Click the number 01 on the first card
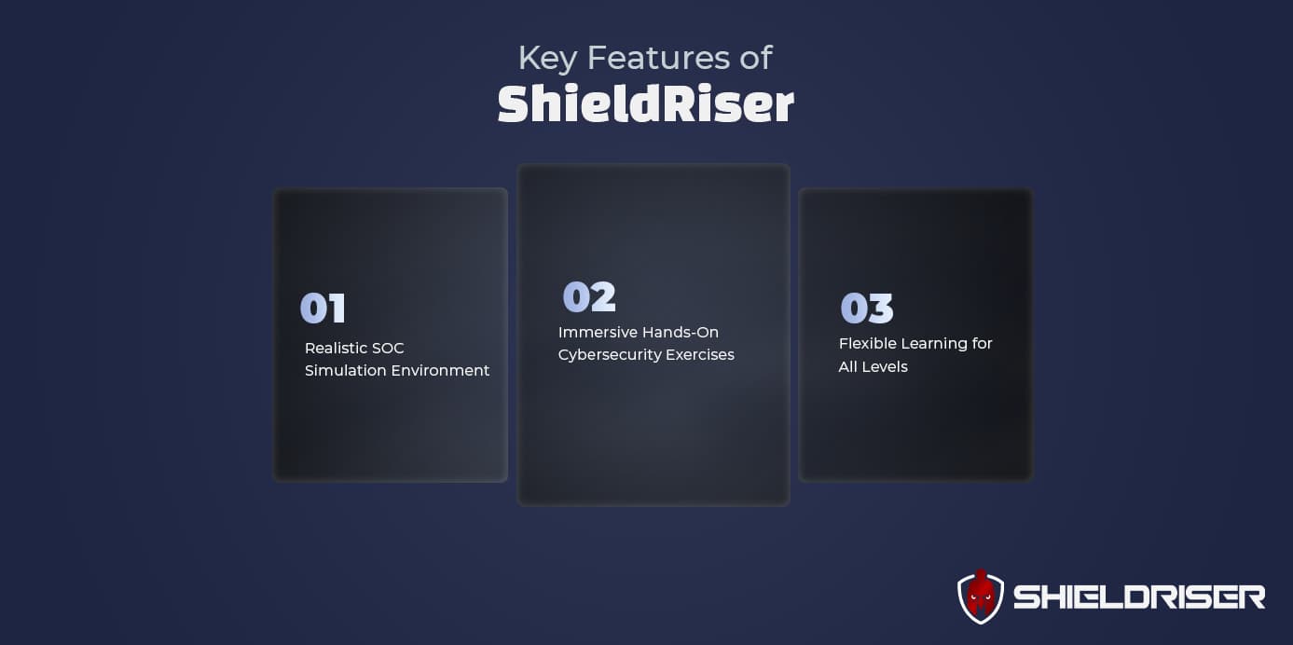pos(323,309)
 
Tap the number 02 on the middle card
pos(589,297)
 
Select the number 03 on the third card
pos(867,309)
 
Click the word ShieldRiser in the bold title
pos(645,105)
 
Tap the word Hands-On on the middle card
pos(680,333)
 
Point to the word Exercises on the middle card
pos(699,355)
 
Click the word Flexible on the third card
pos(866,344)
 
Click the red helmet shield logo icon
pos(980,597)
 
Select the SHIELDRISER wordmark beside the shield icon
pos(1138,597)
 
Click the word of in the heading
pos(754,58)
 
